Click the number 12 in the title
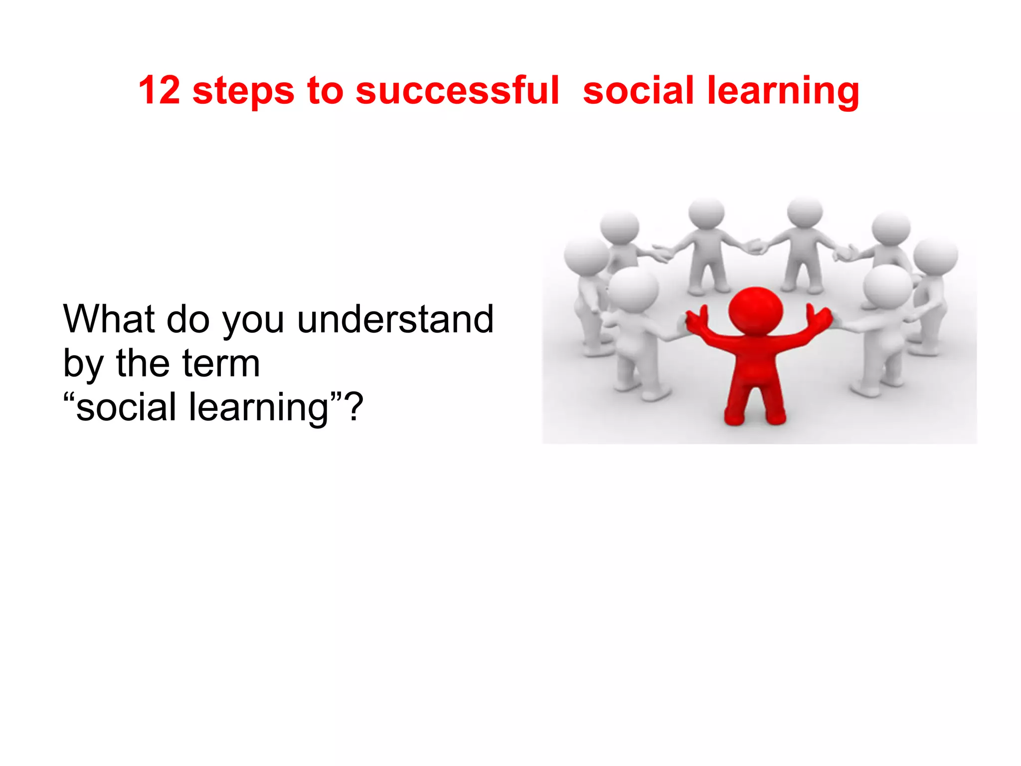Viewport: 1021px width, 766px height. (159, 90)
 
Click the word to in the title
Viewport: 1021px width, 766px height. (325, 91)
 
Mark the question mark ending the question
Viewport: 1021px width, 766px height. (354, 406)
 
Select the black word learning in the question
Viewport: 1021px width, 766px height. (259, 408)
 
